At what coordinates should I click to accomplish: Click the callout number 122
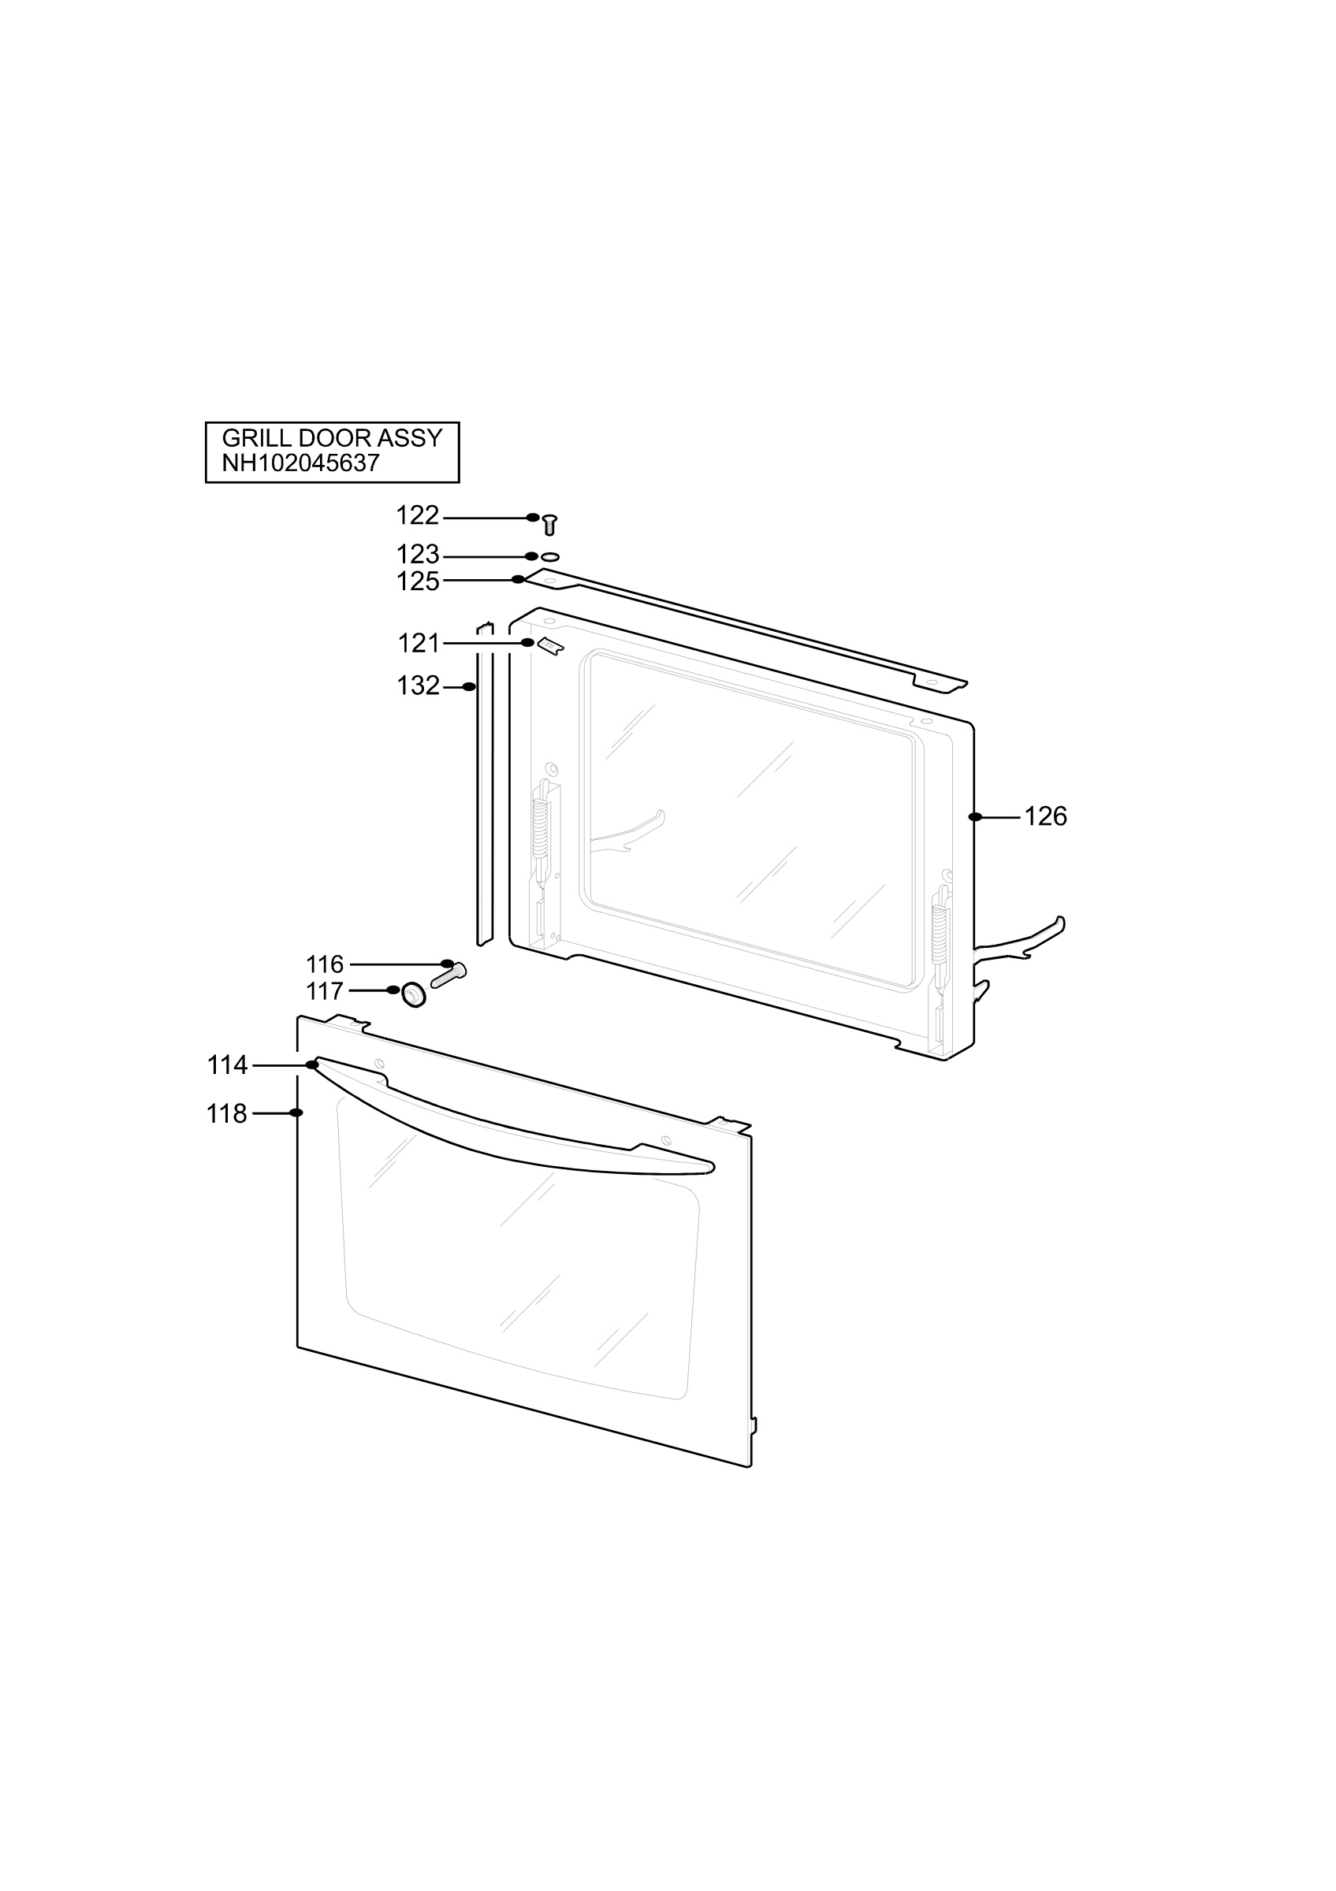(x=418, y=515)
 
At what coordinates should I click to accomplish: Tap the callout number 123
(x=418, y=554)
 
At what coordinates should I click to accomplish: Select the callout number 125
(x=418, y=581)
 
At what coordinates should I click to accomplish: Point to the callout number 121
(x=419, y=643)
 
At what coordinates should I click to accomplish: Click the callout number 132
(x=419, y=686)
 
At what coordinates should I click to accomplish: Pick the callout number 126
(x=1045, y=816)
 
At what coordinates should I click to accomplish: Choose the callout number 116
(x=325, y=964)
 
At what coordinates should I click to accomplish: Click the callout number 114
(x=227, y=1065)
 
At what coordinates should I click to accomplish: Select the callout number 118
(x=226, y=1113)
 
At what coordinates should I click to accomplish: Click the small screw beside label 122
(x=549, y=524)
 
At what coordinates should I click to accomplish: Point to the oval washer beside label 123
(x=550, y=557)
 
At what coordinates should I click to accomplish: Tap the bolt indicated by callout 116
(x=448, y=975)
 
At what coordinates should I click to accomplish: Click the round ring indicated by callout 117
(x=414, y=995)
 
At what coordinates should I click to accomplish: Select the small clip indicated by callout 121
(x=550, y=647)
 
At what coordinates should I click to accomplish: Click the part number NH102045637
(x=300, y=463)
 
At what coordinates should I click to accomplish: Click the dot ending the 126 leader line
(x=975, y=817)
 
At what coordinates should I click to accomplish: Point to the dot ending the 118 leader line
(x=296, y=1113)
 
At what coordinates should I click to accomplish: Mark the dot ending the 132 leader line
(x=470, y=687)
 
